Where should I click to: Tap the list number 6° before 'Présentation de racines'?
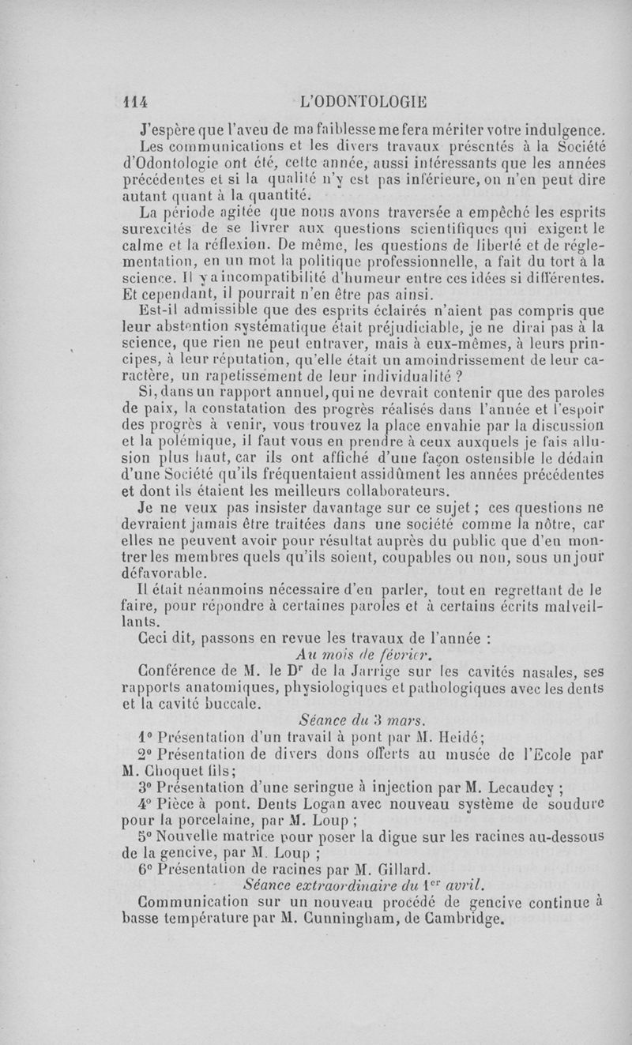click(x=148, y=864)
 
